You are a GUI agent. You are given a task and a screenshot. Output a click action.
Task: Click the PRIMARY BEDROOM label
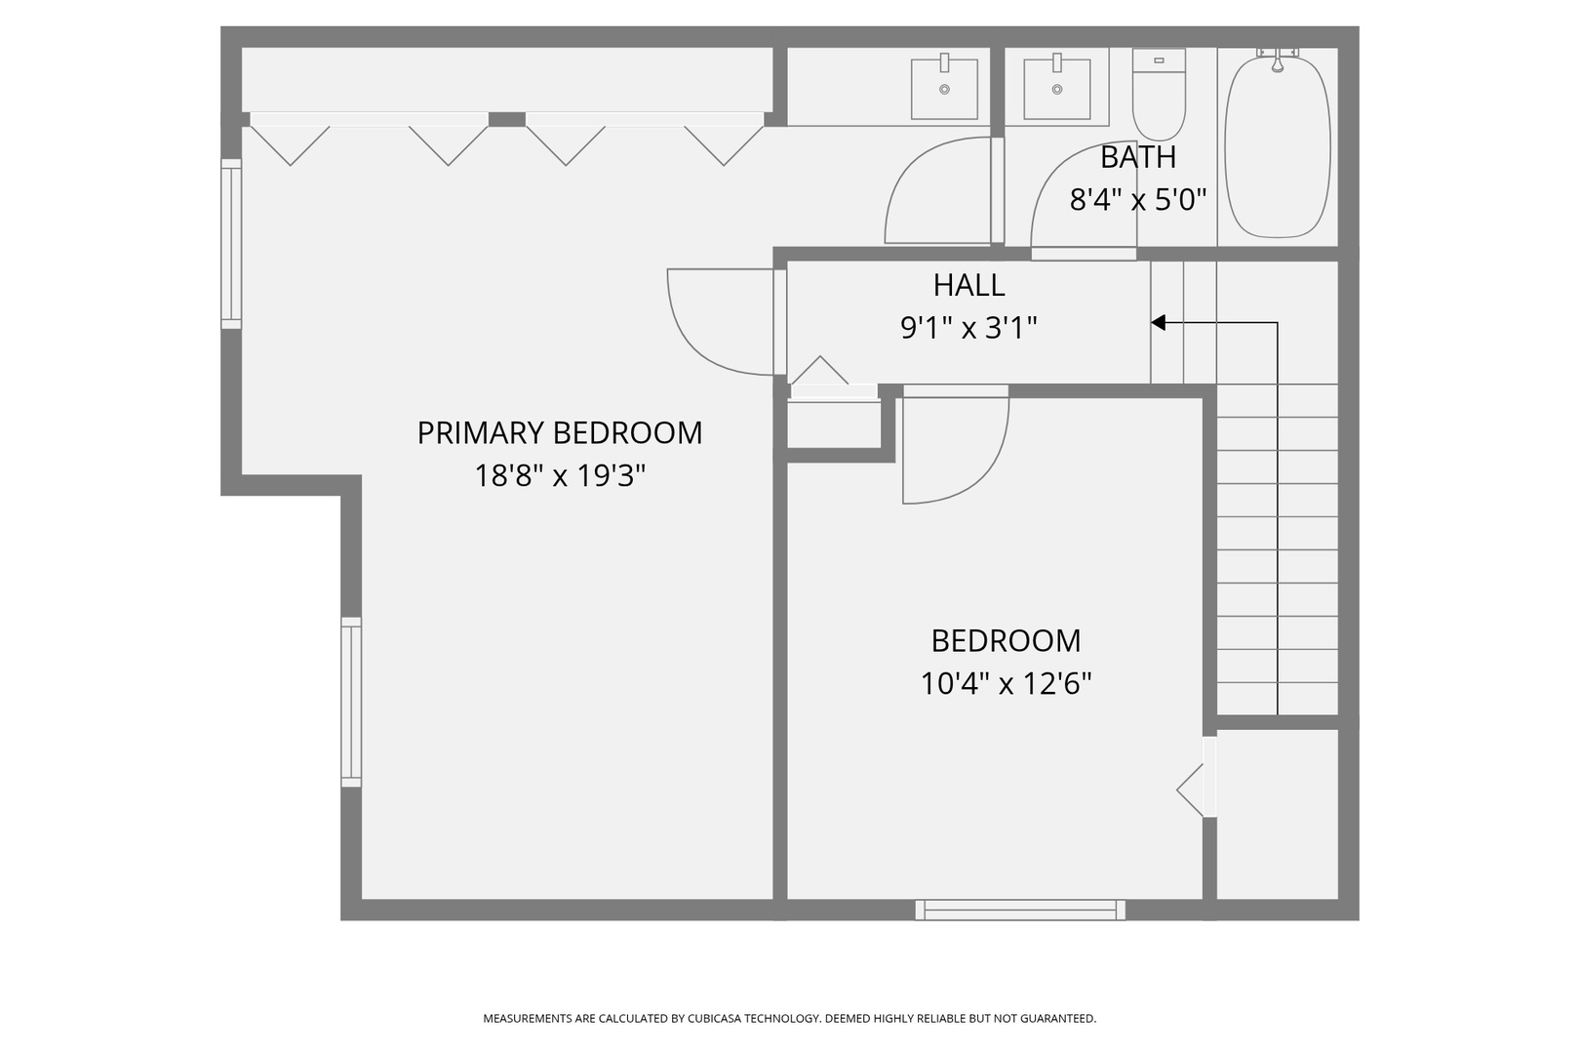(x=560, y=432)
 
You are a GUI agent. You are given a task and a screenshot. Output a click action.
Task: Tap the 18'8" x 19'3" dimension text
(x=560, y=476)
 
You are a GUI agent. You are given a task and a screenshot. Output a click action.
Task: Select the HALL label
(x=968, y=285)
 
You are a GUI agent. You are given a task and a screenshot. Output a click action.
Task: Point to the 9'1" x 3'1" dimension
(x=968, y=328)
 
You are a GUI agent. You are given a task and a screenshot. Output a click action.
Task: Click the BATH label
(x=1138, y=157)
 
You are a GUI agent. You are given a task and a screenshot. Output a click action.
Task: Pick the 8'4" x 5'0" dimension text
(x=1138, y=200)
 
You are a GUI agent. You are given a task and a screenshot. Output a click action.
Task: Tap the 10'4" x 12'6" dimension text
(x=1006, y=683)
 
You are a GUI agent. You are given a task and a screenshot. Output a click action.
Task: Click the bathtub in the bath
(x=1278, y=145)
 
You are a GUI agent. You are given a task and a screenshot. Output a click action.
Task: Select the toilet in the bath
(x=1159, y=94)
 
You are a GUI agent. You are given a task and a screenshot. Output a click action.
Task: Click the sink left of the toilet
(x=1056, y=89)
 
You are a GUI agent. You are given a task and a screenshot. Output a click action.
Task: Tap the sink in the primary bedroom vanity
(x=944, y=89)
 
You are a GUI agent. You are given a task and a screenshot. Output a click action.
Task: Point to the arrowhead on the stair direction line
(x=1158, y=323)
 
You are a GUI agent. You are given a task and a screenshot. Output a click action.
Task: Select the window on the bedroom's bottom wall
(x=1020, y=910)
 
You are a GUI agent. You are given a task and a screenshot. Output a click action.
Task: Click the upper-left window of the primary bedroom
(x=231, y=244)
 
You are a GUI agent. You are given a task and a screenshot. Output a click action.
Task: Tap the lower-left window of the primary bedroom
(x=351, y=703)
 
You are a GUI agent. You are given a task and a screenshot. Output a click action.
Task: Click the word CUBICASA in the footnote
(x=715, y=1018)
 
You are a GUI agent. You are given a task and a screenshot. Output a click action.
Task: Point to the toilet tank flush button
(x=1159, y=61)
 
